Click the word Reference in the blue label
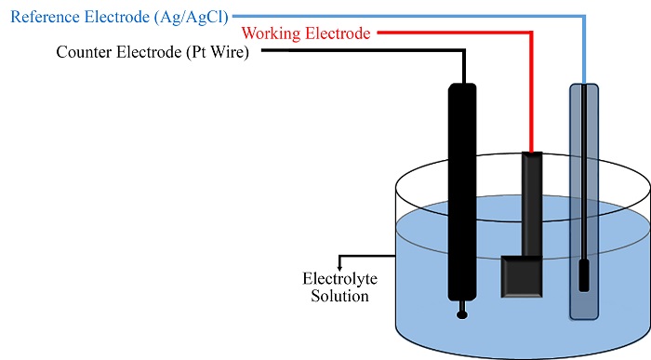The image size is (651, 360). [38, 16]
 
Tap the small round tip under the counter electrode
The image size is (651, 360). [462, 314]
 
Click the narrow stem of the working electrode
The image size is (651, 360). [530, 205]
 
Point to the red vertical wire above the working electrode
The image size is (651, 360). [531, 93]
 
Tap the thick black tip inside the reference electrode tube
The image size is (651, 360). [584, 274]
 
